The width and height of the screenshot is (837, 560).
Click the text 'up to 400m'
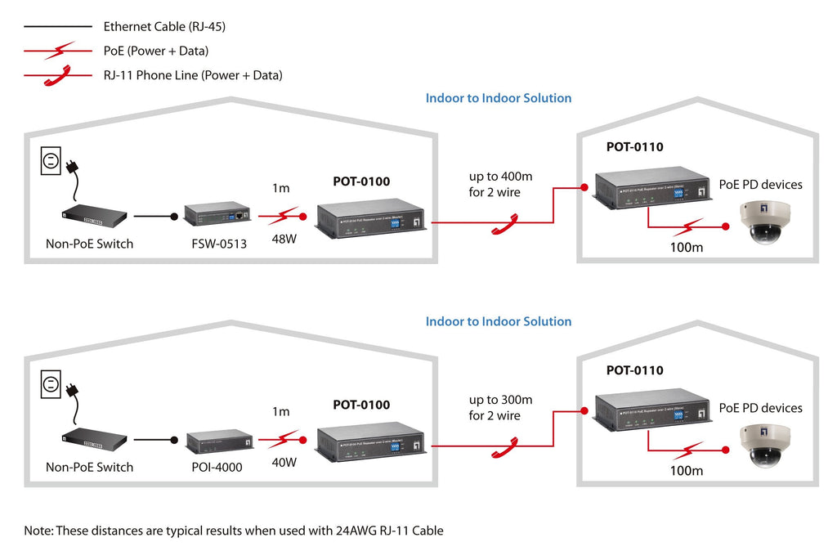click(x=500, y=177)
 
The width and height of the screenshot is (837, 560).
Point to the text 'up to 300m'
click(x=500, y=400)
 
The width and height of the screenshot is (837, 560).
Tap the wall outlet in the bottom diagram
click(x=51, y=384)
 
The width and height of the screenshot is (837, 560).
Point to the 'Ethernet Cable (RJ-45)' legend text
click(x=164, y=27)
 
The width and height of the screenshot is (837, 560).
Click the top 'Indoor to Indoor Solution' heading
click(x=499, y=98)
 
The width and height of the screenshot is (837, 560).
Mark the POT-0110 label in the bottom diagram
click(x=634, y=370)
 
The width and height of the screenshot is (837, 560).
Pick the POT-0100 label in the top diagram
click(x=361, y=181)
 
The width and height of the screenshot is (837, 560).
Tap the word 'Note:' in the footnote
click(x=38, y=531)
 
